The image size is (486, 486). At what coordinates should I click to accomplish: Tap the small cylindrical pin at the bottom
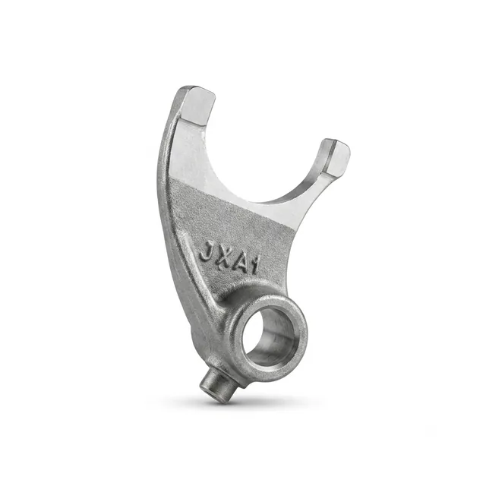coord(216,387)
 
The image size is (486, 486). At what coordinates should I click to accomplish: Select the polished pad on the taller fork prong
coord(198,106)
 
